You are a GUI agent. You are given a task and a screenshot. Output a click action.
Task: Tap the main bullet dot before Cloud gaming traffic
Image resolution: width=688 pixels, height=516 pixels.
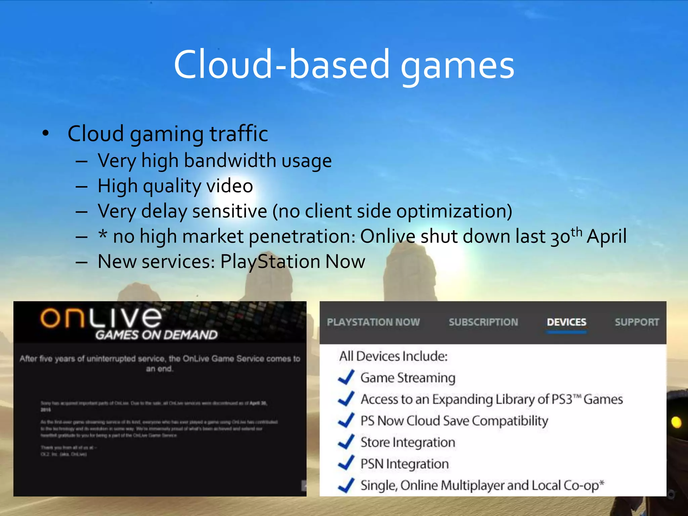[x=46, y=134]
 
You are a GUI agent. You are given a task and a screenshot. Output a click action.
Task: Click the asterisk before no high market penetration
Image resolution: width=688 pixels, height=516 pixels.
[x=103, y=235]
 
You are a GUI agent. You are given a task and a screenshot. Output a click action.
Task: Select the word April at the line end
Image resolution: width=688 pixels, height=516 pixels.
[x=607, y=236]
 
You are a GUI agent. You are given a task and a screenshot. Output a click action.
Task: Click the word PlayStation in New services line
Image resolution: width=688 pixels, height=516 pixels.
[x=270, y=261]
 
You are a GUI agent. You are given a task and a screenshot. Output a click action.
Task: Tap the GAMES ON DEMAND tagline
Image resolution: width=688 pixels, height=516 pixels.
[x=156, y=335]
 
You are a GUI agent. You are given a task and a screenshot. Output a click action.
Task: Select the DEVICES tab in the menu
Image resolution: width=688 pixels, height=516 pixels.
[x=566, y=322]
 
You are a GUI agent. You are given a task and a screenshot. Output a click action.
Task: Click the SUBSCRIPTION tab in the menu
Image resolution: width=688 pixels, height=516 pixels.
[x=483, y=322]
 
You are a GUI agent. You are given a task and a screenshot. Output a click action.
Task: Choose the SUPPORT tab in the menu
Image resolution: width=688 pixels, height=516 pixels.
[x=637, y=322]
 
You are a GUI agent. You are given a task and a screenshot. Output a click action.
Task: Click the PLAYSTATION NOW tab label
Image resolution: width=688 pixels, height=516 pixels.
[x=373, y=322]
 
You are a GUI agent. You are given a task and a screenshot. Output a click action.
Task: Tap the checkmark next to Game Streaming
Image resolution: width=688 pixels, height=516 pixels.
[x=346, y=377]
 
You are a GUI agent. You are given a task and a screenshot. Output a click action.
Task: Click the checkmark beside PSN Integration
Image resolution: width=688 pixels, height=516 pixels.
[x=346, y=463]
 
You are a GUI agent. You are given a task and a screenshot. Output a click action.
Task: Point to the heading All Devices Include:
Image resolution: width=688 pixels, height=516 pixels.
[x=393, y=356]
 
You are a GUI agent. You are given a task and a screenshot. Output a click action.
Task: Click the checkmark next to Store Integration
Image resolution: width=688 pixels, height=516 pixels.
[x=346, y=442]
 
